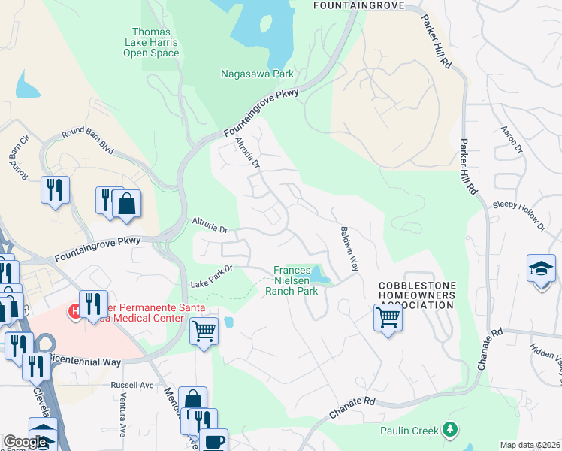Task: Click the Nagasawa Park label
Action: pyautogui.click(x=257, y=74)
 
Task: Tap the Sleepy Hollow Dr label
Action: pyautogui.click(x=518, y=215)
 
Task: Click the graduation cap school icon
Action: pyautogui.click(x=541, y=270)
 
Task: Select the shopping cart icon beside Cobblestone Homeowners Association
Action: pyautogui.click(x=388, y=317)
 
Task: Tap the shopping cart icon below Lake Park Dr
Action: pyautogui.click(x=204, y=331)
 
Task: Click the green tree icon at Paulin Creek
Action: pyautogui.click(x=450, y=429)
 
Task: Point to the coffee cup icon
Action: pyautogui.click(x=213, y=440)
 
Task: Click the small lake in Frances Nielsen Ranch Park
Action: pyautogui.click(x=319, y=274)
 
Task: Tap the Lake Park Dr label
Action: pyautogui.click(x=213, y=276)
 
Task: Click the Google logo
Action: pyautogui.click(x=25, y=443)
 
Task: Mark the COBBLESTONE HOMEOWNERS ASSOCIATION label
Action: pyautogui.click(x=417, y=295)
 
